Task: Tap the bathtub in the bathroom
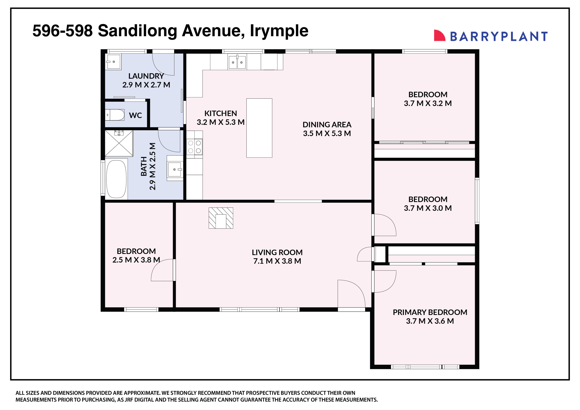(116, 179)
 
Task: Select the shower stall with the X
(119, 143)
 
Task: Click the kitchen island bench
(259, 128)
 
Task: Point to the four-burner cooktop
(194, 147)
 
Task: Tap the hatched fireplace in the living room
(221, 218)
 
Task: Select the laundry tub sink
(113, 61)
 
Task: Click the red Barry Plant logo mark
(439, 36)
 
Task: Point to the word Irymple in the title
(279, 31)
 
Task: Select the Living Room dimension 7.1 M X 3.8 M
(277, 261)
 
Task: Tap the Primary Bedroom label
(430, 312)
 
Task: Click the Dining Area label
(327, 124)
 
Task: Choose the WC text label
(135, 115)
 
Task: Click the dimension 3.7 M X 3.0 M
(428, 208)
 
